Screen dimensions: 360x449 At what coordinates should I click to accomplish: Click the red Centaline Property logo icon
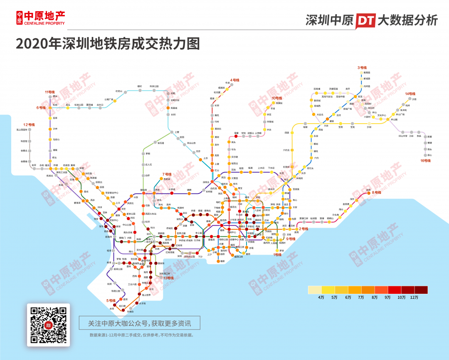click(x=20, y=18)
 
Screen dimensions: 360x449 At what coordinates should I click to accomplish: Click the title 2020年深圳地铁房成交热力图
click(x=108, y=43)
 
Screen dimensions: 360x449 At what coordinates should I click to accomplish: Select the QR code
click(x=49, y=325)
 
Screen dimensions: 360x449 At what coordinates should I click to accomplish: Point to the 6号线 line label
click(x=41, y=108)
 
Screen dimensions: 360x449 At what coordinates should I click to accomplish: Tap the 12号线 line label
click(x=29, y=124)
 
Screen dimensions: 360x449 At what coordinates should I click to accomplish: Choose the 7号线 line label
click(x=167, y=174)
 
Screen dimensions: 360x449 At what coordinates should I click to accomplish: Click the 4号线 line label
click(x=235, y=80)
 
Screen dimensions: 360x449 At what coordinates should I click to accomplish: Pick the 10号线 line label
click(x=277, y=98)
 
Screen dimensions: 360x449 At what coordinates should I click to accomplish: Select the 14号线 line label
click(x=410, y=94)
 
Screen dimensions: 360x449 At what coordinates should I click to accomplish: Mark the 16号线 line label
click(x=425, y=160)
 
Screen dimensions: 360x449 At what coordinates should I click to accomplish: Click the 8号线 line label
click(x=376, y=192)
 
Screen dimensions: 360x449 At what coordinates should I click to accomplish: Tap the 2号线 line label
click(x=303, y=228)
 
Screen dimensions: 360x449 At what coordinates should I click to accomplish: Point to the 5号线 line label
click(x=111, y=300)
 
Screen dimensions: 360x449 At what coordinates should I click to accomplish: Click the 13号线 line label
click(x=168, y=278)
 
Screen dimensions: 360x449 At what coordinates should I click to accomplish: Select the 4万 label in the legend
click(x=321, y=297)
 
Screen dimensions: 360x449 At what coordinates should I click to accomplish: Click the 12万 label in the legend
click(x=414, y=297)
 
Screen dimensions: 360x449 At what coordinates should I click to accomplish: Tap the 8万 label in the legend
click(x=374, y=297)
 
